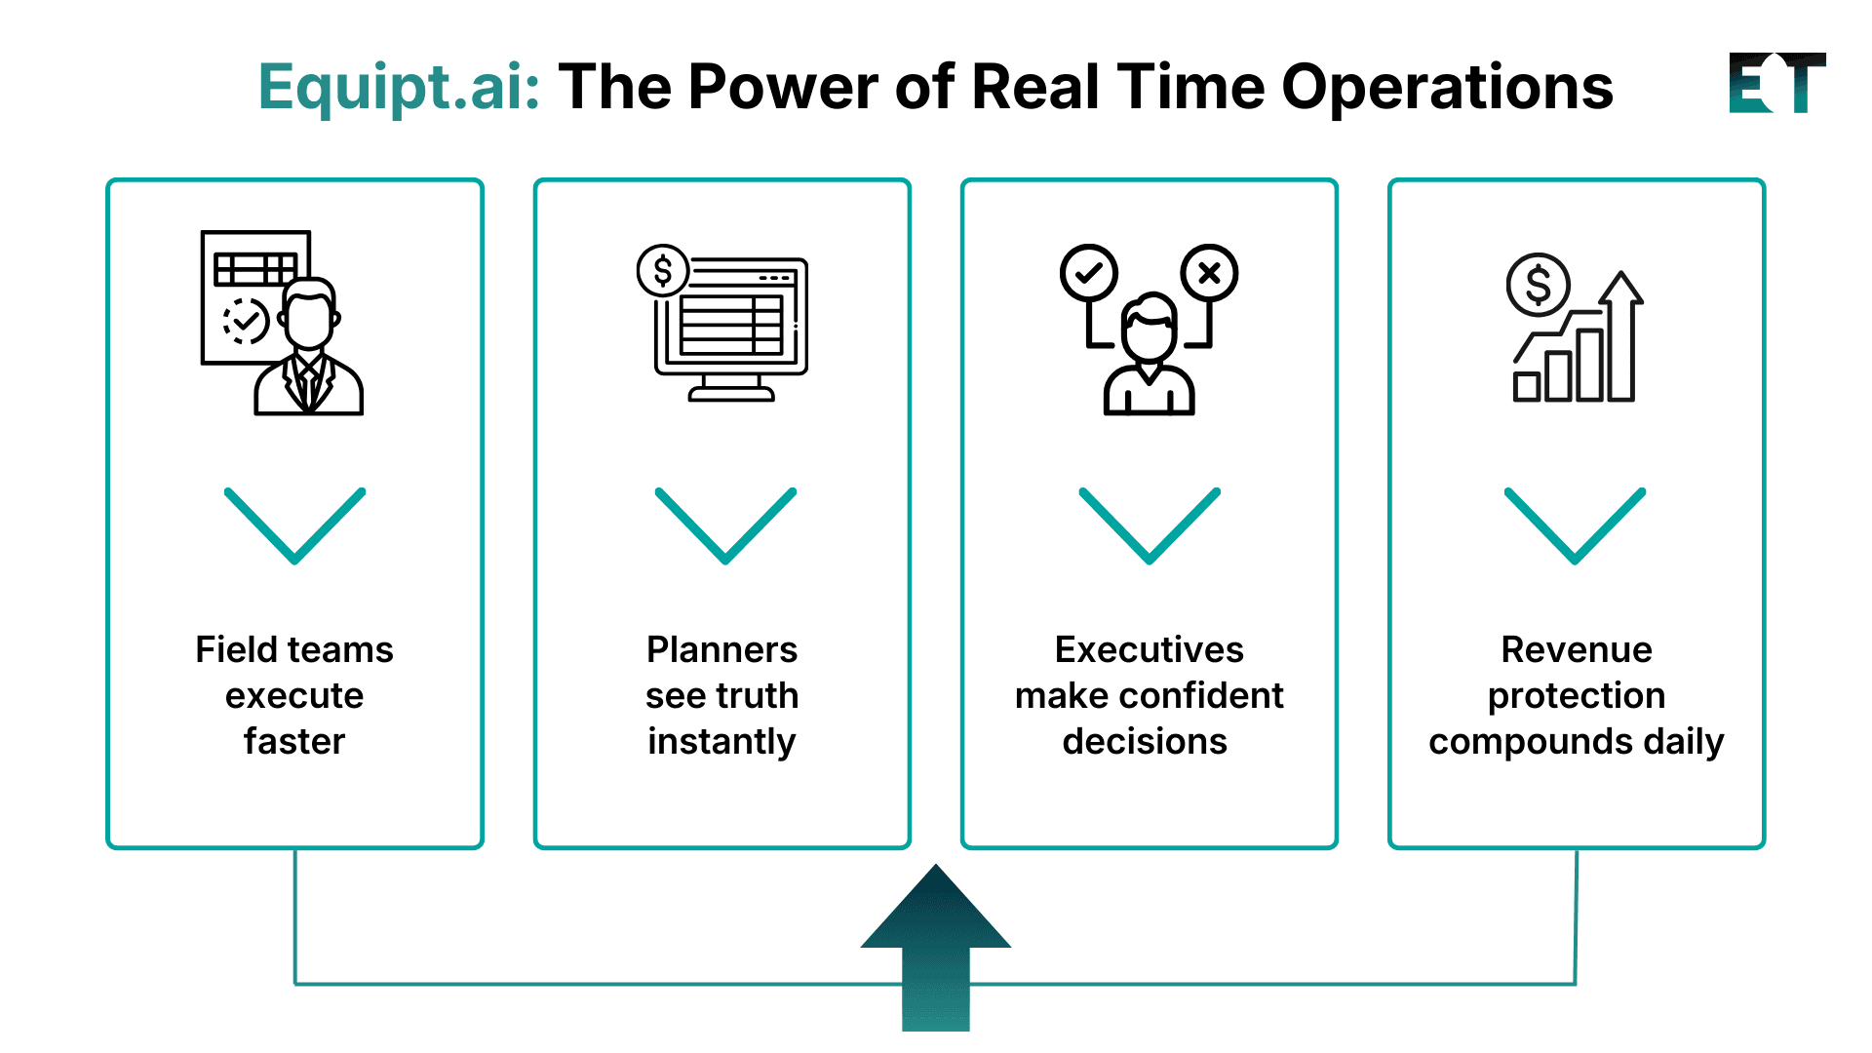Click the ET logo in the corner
1775,84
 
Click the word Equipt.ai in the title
399,88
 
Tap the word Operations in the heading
1447,88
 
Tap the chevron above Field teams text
294,526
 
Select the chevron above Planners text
725,526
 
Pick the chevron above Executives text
1149,526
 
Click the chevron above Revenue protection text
1575,526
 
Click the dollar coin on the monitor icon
663,271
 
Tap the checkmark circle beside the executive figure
1088,273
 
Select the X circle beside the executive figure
1209,273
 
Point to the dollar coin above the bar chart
1538,286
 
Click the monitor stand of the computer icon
731,389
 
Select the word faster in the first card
294,742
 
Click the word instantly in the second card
721,742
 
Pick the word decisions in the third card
1145,742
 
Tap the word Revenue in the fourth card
1576,649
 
